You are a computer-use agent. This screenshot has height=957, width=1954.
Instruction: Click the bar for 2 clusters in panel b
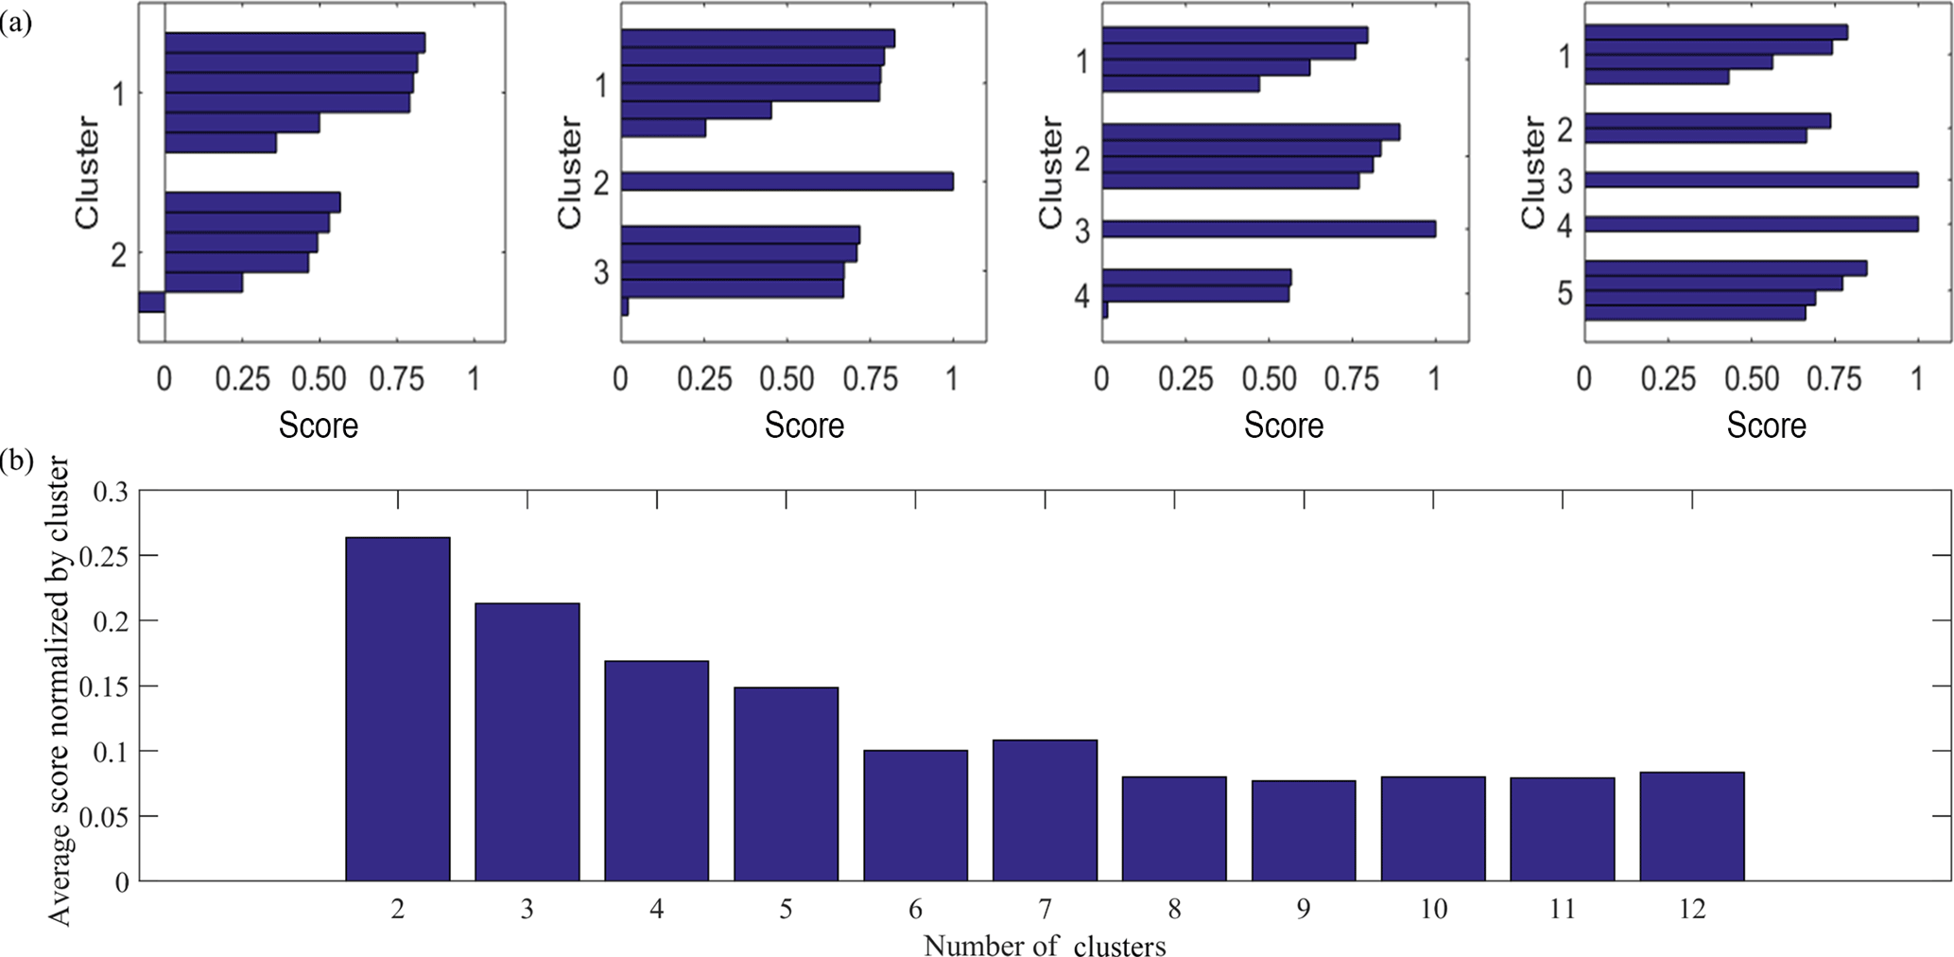pyautogui.click(x=397, y=709)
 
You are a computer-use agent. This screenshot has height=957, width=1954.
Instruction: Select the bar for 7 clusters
pyautogui.click(x=1045, y=810)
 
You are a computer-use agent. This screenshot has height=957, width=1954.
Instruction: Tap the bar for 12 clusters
pyautogui.click(x=1691, y=826)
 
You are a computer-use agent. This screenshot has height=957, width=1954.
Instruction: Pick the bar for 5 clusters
pyautogui.click(x=786, y=784)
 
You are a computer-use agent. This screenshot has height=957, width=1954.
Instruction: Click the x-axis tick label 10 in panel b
pyautogui.click(x=1433, y=910)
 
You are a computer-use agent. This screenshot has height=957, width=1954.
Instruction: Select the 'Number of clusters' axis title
pyautogui.click(x=1044, y=946)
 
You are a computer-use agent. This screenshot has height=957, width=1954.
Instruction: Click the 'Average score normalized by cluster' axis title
pyautogui.click(x=59, y=690)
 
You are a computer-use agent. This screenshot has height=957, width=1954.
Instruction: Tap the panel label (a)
pyautogui.click(x=16, y=23)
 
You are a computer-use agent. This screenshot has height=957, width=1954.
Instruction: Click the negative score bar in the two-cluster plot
pyautogui.click(x=151, y=302)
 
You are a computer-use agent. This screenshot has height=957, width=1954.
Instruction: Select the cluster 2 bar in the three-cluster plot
pyautogui.click(x=787, y=182)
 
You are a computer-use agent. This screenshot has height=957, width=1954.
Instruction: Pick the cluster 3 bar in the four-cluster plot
pyautogui.click(x=1269, y=229)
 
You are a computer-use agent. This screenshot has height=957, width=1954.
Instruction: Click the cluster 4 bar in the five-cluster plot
pyautogui.click(x=1751, y=224)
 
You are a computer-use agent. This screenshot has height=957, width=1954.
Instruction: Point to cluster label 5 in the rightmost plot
pyautogui.click(x=1565, y=294)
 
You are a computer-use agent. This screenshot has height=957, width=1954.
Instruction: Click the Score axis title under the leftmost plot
pyautogui.click(x=318, y=426)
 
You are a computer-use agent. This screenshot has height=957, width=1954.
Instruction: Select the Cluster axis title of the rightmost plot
pyautogui.click(x=1532, y=172)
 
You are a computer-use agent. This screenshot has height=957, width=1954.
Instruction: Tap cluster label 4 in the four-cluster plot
pyautogui.click(x=1082, y=297)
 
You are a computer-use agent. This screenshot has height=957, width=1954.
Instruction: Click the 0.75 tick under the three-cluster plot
pyautogui.click(x=870, y=379)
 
